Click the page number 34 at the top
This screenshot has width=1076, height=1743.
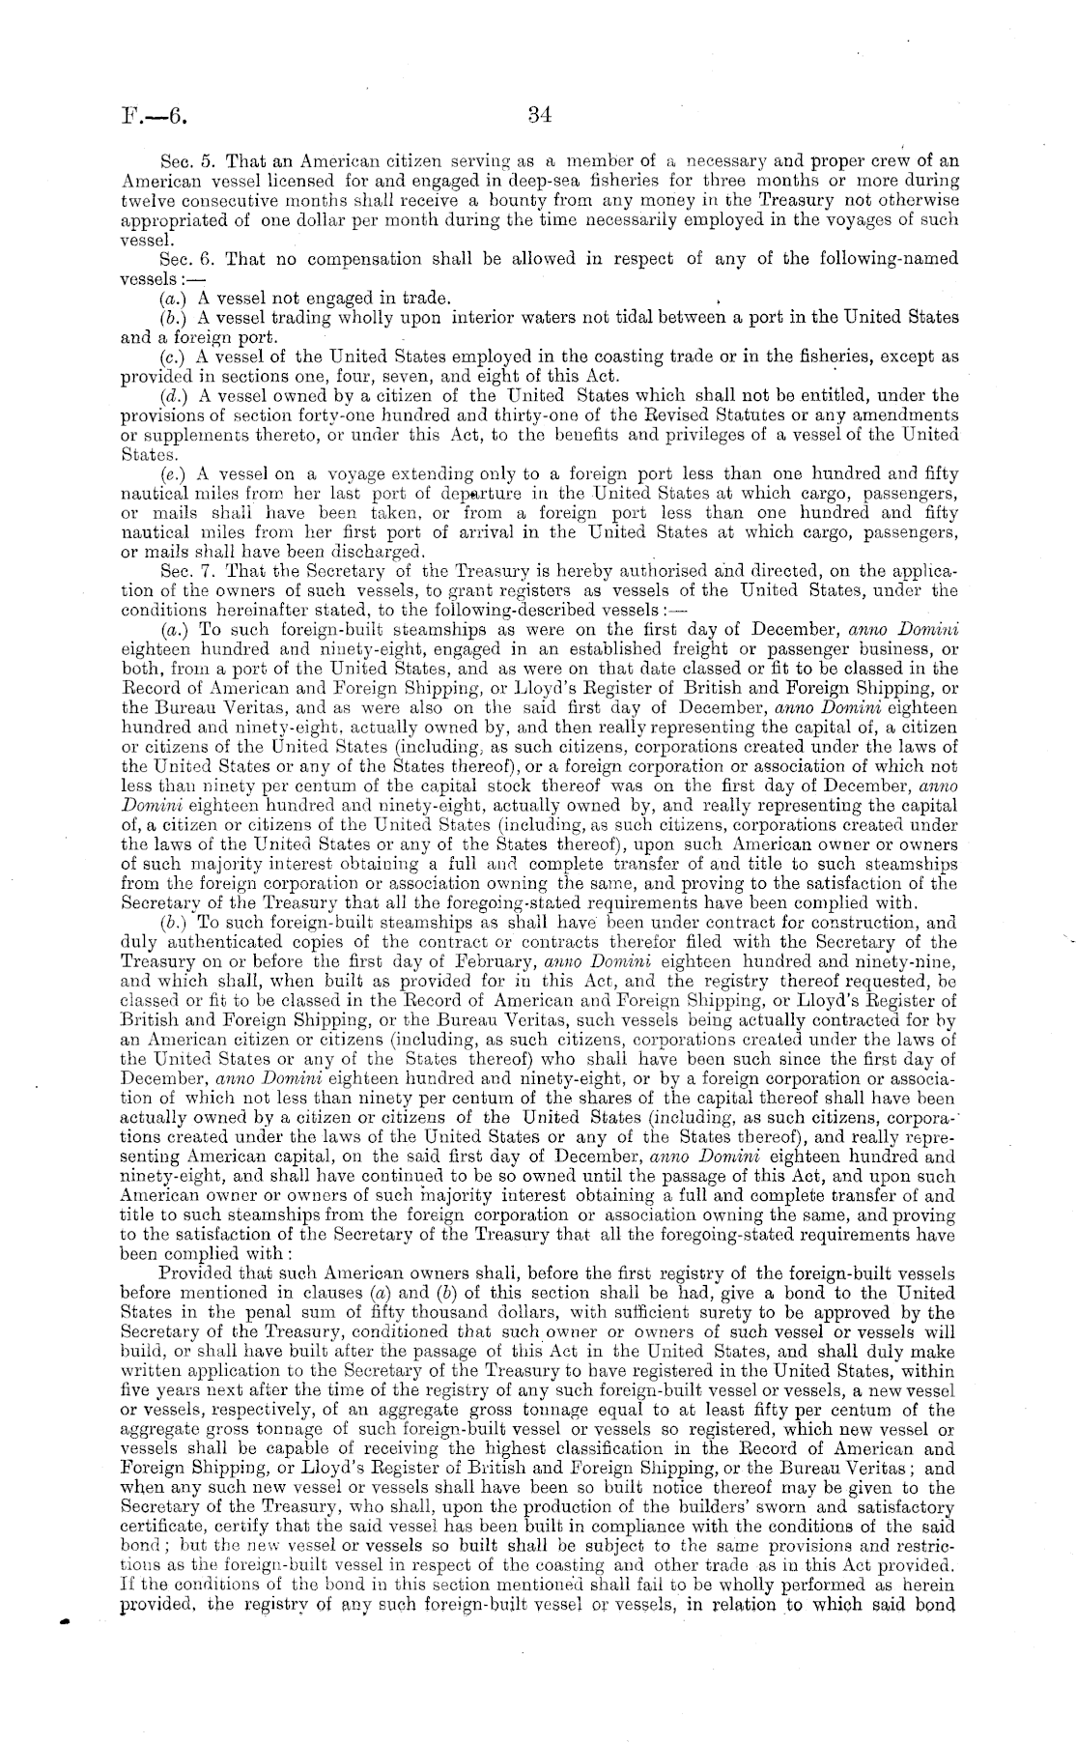(539, 116)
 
